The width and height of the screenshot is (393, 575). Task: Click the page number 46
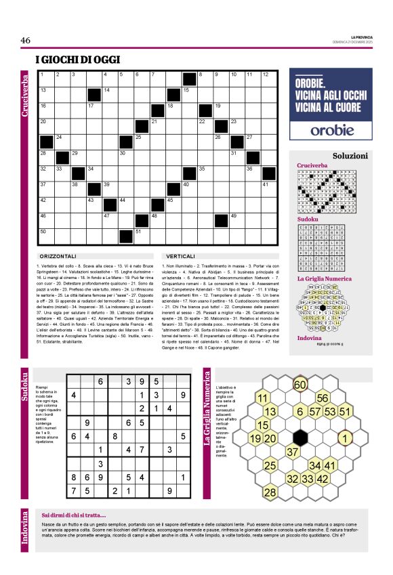point(26,41)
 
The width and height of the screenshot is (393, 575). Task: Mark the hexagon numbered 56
point(323,398)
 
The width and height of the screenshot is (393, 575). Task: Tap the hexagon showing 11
point(262,398)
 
